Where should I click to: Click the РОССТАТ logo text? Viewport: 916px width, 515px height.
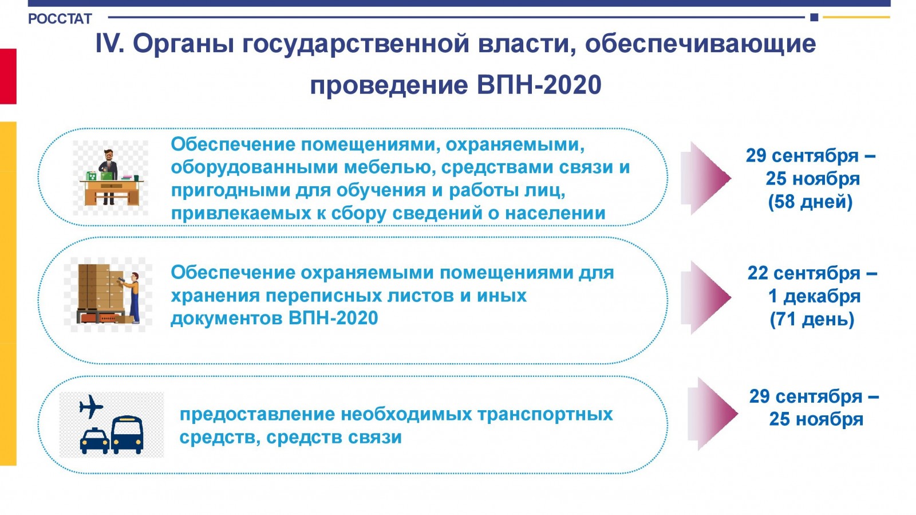point(60,19)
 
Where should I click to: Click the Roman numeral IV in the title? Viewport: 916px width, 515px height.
point(109,44)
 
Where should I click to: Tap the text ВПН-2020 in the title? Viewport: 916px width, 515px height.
point(539,85)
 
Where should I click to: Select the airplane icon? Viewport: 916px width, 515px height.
point(91,407)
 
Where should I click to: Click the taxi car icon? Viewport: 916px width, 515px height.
point(94,441)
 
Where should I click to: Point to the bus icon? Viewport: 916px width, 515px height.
point(127,435)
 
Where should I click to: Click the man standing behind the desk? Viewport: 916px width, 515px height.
point(108,176)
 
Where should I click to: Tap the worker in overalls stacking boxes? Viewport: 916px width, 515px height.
point(132,297)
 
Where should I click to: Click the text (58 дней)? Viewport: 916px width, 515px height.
point(811,202)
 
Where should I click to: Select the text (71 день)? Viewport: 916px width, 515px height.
point(812,319)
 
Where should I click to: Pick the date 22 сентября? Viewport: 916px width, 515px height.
point(804,273)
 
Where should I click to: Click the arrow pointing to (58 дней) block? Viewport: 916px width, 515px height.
point(706,178)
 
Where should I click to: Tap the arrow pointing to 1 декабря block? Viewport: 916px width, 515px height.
point(706,297)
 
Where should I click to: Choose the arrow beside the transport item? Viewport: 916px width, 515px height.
point(713,414)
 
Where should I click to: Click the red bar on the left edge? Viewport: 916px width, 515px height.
point(8,76)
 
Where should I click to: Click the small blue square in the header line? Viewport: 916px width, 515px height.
point(814,17)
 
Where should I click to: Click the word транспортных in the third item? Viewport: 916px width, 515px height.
point(545,415)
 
